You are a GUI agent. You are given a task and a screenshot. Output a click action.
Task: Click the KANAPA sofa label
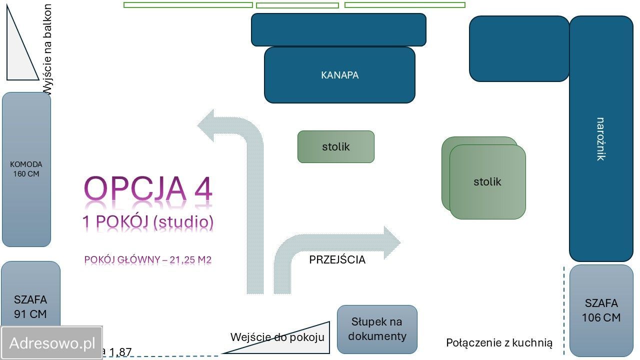coord(339,75)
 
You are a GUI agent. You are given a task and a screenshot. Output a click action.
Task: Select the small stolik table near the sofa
coord(335,147)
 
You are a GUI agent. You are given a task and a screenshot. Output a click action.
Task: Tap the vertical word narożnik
coord(600,139)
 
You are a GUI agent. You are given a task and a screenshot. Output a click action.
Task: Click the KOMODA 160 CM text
coord(26,169)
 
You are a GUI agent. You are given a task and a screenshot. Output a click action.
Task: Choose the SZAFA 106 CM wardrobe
coord(601,310)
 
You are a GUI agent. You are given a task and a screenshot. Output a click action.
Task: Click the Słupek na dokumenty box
coord(377,329)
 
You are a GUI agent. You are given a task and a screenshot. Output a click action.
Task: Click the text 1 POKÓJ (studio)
coord(148,221)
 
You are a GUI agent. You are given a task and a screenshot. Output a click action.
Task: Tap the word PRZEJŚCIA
coord(337,260)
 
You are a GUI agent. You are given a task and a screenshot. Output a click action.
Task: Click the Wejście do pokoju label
coord(277,337)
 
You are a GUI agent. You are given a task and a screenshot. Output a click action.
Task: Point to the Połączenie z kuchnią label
coord(499,343)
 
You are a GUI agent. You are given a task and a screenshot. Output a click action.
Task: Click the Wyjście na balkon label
coord(47,49)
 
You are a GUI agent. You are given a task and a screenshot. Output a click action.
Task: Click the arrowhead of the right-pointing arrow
coord(391,243)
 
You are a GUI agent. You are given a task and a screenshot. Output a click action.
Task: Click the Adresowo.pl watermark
coord(52,343)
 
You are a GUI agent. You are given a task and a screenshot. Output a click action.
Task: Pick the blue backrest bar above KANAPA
coord(338,30)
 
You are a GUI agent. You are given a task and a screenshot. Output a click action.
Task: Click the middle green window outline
coord(297,5)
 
